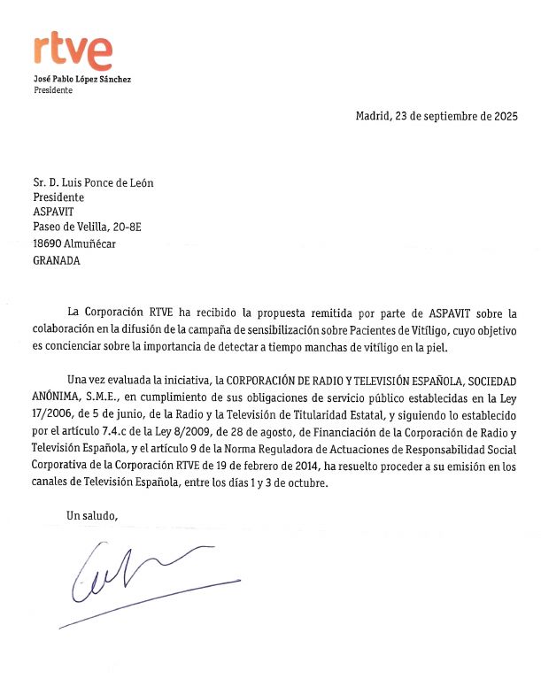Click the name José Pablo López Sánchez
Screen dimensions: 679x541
point(82,80)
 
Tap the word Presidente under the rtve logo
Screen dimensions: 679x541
point(55,90)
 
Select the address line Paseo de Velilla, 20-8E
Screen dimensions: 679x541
point(87,228)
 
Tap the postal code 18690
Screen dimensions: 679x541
point(49,243)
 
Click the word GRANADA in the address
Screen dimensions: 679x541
point(57,260)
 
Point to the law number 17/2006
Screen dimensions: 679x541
point(55,416)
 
